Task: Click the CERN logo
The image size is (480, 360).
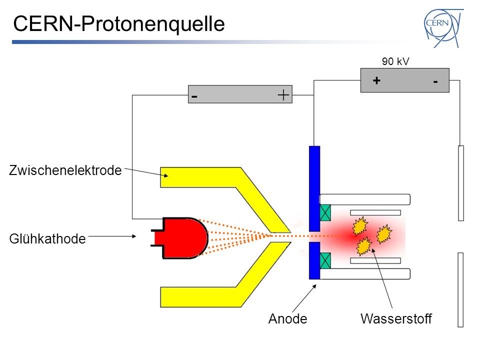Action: point(443,28)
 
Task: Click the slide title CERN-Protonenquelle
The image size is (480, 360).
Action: point(119,24)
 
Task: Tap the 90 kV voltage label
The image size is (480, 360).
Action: point(395,61)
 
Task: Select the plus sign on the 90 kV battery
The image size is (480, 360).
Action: point(376,80)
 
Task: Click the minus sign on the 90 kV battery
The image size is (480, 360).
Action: point(435,81)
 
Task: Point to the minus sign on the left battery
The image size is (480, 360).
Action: point(194,96)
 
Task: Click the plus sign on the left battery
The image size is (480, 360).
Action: point(283,95)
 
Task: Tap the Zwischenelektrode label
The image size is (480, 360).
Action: point(65,170)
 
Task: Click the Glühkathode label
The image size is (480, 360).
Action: point(47,239)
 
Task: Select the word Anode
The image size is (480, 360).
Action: point(288,318)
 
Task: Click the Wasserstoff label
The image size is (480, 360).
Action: point(396,318)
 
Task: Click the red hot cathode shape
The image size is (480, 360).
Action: point(180,238)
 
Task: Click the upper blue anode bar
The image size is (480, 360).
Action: point(314,188)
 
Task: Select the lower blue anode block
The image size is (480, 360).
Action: point(314,260)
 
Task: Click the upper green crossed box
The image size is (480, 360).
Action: point(325,213)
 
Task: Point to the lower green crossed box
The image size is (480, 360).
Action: point(325,260)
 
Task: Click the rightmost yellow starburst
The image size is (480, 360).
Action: point(384,234)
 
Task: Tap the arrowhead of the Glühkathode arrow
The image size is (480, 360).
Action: point(134,236)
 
